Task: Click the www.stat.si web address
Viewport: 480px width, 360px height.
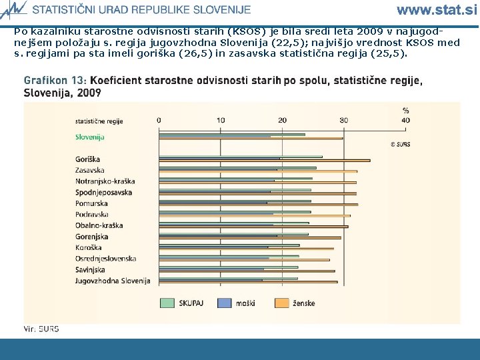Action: pos(437,9)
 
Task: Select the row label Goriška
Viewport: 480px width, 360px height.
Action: pos(88,159)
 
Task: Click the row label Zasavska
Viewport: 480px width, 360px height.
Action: pos(90,171)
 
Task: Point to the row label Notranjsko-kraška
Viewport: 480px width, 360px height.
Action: pos(105,181)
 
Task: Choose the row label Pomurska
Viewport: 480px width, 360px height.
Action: pos(91,203)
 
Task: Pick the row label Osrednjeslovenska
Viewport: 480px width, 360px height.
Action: pos(106,258)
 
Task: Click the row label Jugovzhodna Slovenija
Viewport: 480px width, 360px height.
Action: pos(113,281)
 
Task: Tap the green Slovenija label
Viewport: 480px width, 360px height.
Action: pos(89,137)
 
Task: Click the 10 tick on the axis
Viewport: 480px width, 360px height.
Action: pos(221,120)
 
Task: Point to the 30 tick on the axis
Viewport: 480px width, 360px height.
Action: pos(343,120)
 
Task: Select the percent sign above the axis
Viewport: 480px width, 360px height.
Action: pos(405,111)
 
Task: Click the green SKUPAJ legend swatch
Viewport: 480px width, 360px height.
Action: pos(167,303)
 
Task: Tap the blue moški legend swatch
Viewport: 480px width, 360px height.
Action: pos(223,303)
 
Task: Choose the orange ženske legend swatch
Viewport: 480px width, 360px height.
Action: pos(281,303)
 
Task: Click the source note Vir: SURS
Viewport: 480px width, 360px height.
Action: pos(41,329)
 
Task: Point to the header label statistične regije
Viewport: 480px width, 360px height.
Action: pos(99,121)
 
